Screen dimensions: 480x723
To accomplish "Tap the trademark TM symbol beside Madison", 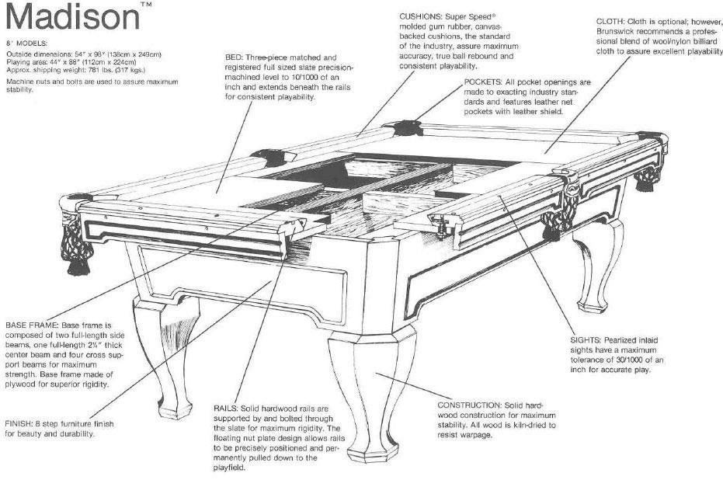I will click(x=147, y=5).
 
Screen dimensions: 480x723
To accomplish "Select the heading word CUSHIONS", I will click(x=422, y=16).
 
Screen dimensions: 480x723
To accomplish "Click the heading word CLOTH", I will click(x=611, y=21).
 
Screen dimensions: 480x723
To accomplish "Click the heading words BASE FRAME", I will click(x=31, y=324).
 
